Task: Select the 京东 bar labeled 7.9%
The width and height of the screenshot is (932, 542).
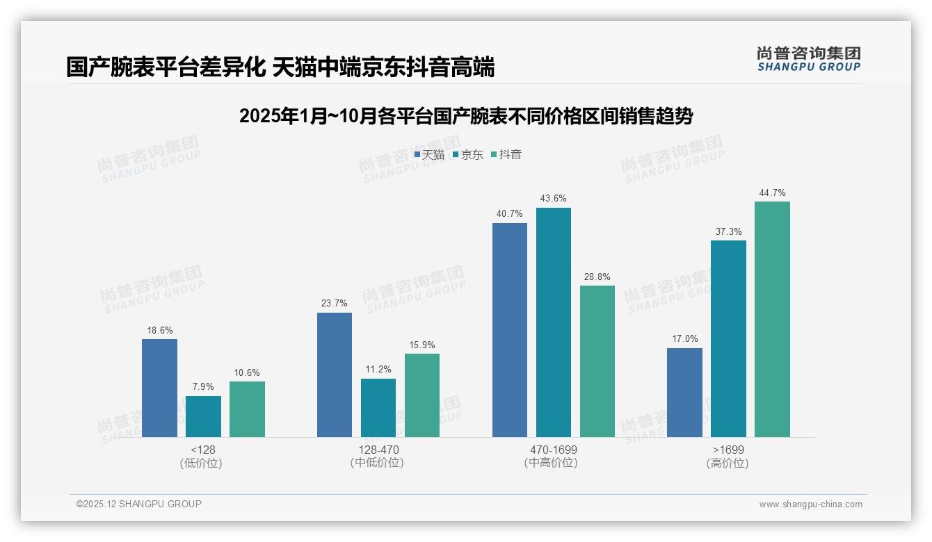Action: click(203, 416)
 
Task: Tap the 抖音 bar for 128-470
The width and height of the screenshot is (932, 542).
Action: click(422, 395)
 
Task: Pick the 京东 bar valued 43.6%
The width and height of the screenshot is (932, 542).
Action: click(553, 322)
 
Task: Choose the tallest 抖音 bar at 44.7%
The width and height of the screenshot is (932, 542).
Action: click(772, 319)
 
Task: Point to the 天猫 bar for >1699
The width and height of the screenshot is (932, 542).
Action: click(684, 393)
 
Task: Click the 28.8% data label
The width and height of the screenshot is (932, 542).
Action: click(597, 277)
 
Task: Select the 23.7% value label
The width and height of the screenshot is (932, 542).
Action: click(335, 304)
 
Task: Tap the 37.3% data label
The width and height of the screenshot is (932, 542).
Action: click(728, 231)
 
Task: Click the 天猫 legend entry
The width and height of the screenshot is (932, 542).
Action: click(429, 155)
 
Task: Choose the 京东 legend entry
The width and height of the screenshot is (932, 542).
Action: click(467, 155)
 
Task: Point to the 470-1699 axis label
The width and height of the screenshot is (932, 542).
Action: click(553, 450)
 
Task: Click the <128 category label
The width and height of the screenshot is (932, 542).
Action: click(203, 450)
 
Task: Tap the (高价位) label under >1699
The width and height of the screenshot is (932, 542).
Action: click(728, 463)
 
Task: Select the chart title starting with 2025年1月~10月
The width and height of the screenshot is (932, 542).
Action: click(466, 116)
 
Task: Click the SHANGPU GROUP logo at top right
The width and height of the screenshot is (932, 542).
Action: click(809, 59)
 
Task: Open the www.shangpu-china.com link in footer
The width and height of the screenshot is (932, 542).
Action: click(810, 504)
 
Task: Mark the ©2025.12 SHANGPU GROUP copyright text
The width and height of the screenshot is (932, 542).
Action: click(139, 504)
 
